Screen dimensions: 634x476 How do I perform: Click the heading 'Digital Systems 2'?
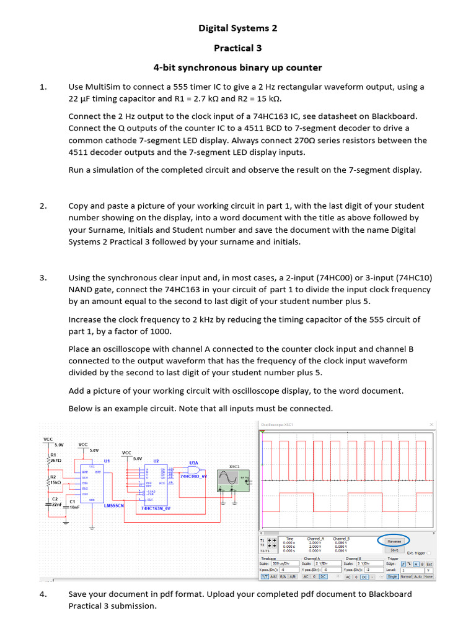(237, 28)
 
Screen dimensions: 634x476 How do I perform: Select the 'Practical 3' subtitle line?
(237, 48)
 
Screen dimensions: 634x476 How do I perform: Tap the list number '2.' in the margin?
(43, 206)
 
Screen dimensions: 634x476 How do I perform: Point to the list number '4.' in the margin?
(43, 594)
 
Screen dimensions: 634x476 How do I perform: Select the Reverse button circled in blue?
(394, 541)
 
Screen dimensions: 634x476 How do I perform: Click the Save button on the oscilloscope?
(394, 549)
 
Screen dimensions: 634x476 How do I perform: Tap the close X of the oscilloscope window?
(431, 425)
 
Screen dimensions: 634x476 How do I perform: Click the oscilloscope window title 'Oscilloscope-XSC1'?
(277, 425)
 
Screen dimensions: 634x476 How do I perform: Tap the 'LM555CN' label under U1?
(113, 505)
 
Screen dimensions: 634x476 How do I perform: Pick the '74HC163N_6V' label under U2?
(156, 508)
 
